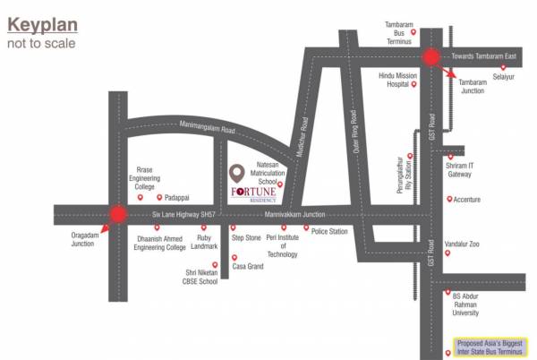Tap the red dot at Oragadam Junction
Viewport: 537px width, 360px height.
click(x=116, y=215)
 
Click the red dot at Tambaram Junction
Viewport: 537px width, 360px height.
click(x=431, y=57)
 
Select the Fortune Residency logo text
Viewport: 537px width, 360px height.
click(x=256, y=194)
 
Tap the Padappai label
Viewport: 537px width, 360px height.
click(x=175, y=197)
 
